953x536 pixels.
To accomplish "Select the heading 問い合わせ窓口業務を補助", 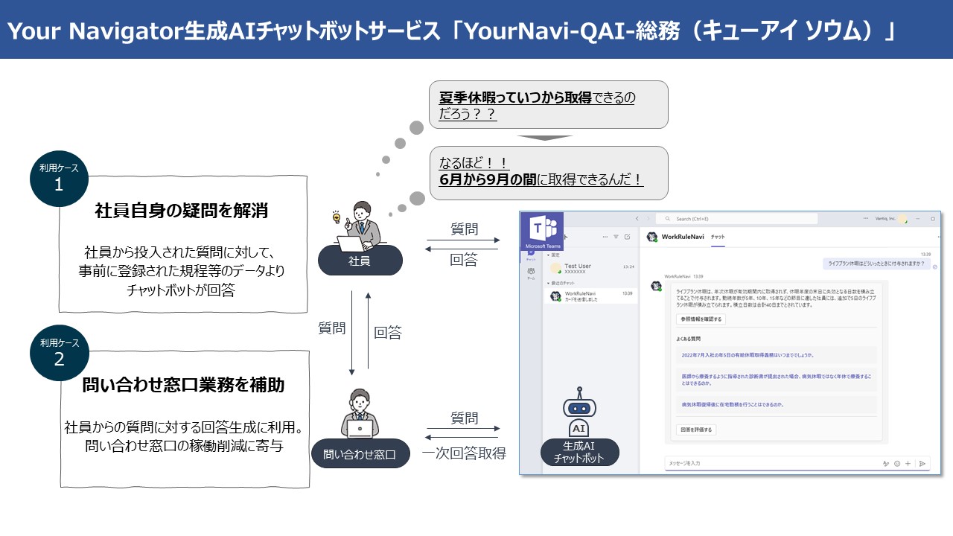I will click(x=183, y=385).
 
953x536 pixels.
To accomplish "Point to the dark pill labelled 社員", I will click(x=360, y=261).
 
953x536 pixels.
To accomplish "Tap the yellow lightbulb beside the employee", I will click(x=336, y=218).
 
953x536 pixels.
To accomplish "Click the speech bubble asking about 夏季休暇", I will click(x=548, y=105).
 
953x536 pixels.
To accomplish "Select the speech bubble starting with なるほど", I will click(x=548, y=172).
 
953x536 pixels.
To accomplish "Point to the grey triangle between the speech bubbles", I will click(x=545, y=138).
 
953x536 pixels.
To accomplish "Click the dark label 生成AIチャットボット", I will click(x=579, y=453).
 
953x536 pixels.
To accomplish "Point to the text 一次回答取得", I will click(x=463, y=453).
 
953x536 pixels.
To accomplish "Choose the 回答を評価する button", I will click(x=696, y=430).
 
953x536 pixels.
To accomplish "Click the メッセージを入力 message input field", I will click(x=767, y=463).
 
